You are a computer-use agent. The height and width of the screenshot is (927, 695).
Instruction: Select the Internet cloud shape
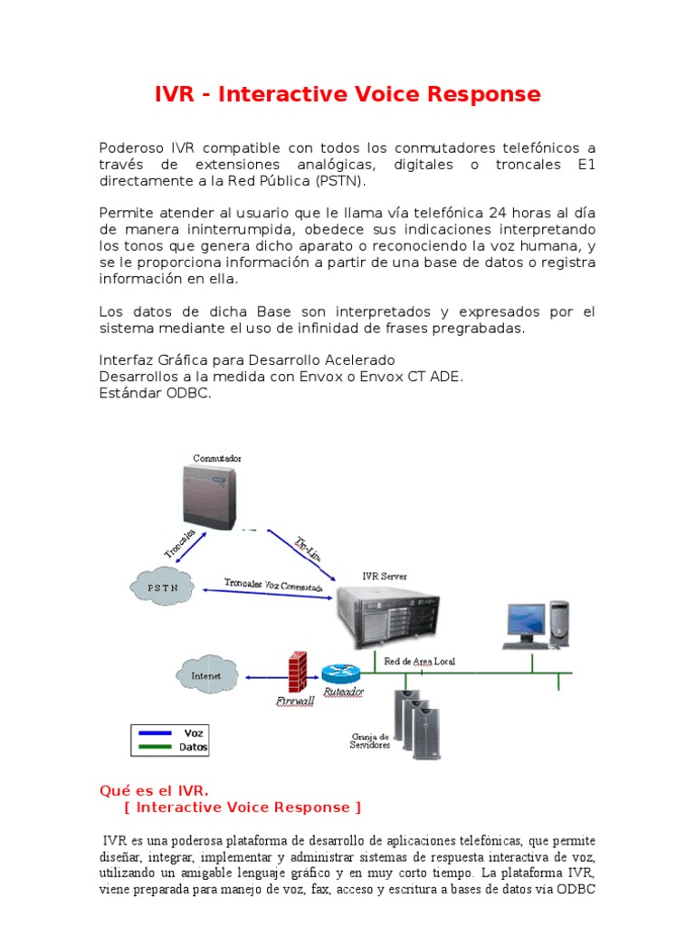tap(205, 674)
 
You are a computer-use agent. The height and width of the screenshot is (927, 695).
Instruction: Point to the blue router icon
tap(340, 673)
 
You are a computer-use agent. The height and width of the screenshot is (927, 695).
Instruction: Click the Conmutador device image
tap(211, 498)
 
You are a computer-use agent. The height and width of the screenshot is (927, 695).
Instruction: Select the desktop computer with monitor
tap(537, 625)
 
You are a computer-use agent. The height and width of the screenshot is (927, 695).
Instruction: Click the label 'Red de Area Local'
tap(420, 662)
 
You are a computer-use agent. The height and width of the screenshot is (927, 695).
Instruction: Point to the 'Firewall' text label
tap(294, 701)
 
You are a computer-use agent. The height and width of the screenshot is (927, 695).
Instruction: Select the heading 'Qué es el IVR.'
tap(153, 790)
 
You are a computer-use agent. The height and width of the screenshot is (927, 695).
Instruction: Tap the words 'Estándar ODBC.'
tap(155, 394)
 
